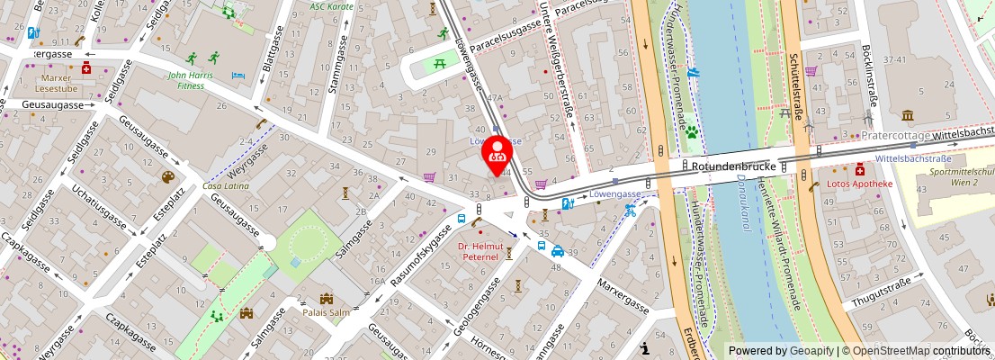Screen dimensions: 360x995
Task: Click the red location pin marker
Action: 497,155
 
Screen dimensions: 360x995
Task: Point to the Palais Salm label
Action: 327,312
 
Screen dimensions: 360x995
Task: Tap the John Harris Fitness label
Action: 191,81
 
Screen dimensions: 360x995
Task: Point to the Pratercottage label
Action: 895,135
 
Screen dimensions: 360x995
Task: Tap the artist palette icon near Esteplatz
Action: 167,177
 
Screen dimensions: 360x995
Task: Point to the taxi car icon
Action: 558,252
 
